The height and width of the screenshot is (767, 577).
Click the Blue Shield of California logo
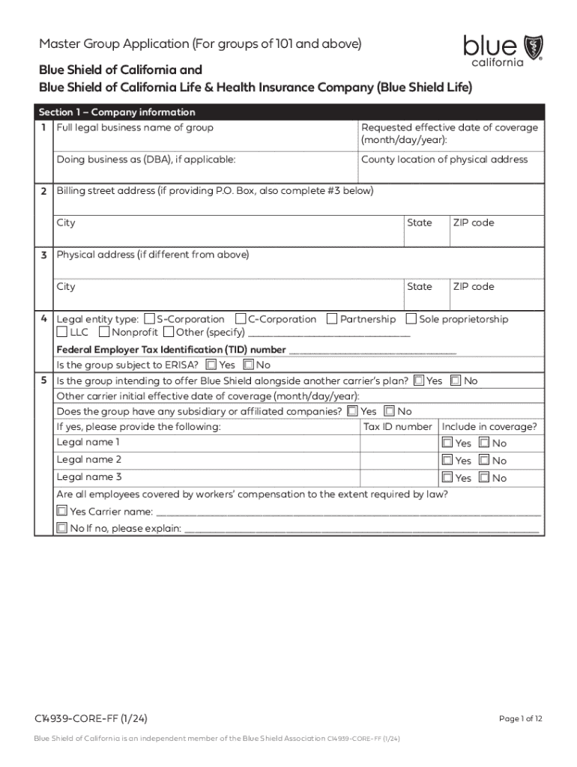(x=503, y=49)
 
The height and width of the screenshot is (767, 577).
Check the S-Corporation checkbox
(x=149, y=319)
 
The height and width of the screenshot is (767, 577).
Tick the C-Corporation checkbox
(x=241, y=319)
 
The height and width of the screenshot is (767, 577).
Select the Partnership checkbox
(x=333, y=319)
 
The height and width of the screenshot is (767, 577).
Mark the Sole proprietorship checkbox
(x=411, y=319)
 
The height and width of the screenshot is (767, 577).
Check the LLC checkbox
(x=62, y=332)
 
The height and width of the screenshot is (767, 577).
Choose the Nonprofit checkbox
(x=104, y=332)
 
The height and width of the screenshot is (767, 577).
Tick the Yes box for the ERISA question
(x=211, y=366)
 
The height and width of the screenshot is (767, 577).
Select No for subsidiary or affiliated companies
(x=389, y=411)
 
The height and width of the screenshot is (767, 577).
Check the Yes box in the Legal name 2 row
(x=447, y=461)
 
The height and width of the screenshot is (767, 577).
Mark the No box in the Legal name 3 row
(x=484, y=478)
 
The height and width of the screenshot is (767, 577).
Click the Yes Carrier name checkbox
(x=61, y=512)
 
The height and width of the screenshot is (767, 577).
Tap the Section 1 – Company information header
(x=117, y=112)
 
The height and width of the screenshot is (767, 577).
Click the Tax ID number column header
(x=397, y=427)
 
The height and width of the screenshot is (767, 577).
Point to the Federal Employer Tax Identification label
(x=172, y=350)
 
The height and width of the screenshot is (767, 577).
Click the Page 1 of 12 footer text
(x=520, y=719)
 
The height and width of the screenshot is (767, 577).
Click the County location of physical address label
(x=444, y=160)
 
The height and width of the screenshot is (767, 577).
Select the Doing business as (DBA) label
(x=146, y=160)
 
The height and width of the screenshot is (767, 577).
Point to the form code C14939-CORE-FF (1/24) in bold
(x=91, y=719)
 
